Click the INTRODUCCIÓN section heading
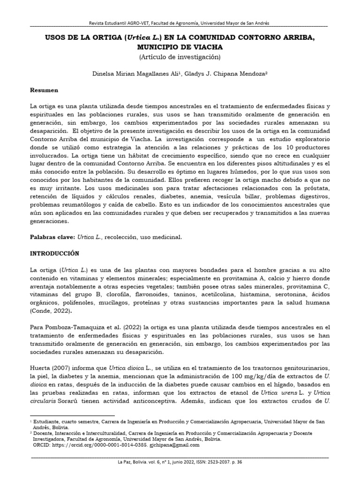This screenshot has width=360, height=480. [55, 253]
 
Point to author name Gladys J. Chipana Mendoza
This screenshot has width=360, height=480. [217, 74]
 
